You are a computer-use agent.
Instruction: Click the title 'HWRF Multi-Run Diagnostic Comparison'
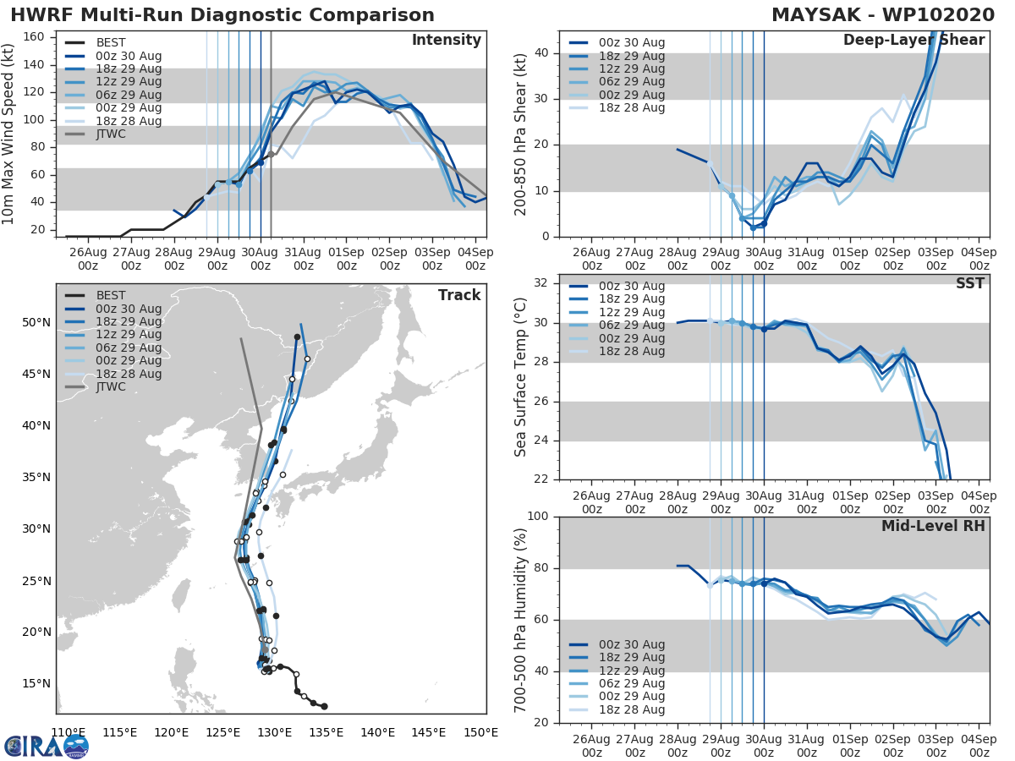coord(222,15)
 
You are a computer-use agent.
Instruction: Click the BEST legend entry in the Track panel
coord(111,295)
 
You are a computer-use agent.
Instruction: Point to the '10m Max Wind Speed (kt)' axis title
coord(9,135)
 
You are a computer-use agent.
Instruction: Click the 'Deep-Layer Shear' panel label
coord(913,41)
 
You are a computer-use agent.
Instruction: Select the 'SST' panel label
coord(970,283)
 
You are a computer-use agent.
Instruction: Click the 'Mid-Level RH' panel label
coord(933,526)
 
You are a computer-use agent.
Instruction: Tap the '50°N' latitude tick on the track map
coord(36,323)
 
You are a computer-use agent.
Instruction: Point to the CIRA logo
coord(46,746)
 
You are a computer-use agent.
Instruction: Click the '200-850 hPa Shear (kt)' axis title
coord(521,135)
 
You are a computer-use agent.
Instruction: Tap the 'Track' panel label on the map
coord(459,295)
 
